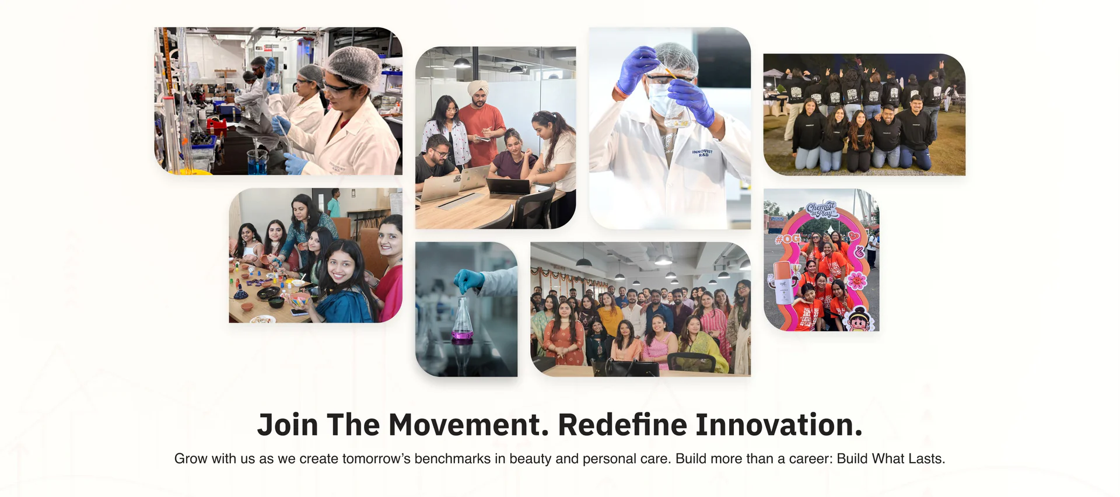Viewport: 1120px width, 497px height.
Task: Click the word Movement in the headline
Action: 468,425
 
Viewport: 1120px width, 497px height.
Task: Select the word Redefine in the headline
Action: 622,425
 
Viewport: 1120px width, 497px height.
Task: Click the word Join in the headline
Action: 288,425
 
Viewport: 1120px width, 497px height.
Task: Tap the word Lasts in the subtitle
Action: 925,459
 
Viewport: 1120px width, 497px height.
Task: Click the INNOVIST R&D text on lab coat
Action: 702,153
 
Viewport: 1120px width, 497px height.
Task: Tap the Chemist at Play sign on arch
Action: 822,210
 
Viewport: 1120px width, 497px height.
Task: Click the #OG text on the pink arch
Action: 788,239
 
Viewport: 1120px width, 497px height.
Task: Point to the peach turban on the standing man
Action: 478,87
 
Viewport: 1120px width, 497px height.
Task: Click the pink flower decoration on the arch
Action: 856,280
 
